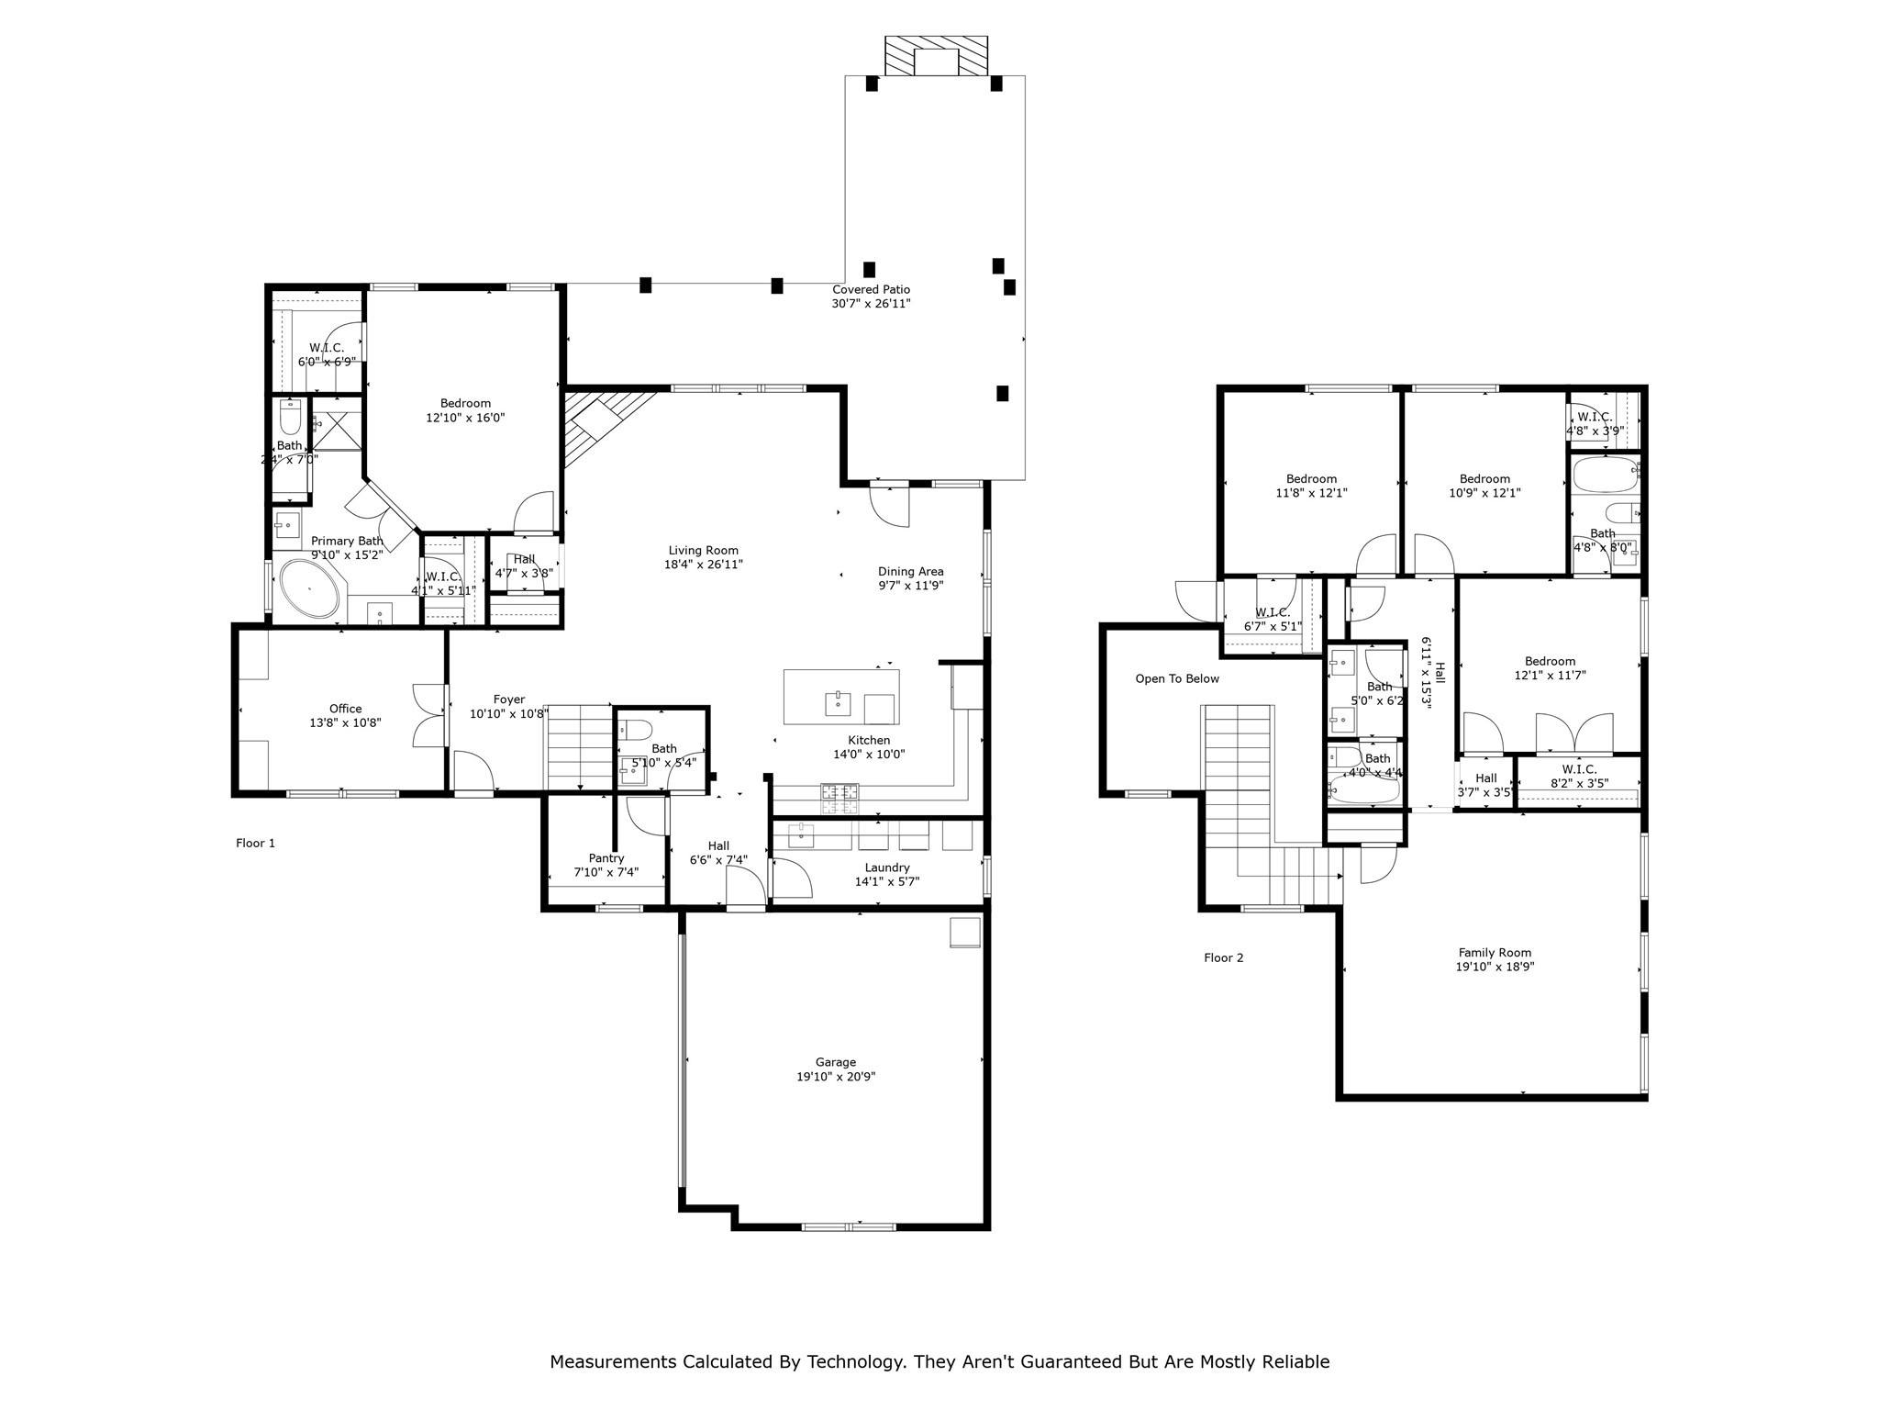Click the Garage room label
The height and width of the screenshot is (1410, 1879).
click(x=835, y=1062)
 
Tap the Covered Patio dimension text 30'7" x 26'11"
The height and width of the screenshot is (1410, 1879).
click(x=871, y=304)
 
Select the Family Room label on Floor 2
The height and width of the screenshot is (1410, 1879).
click(x=1495, y=953)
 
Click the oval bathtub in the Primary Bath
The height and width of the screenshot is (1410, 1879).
click(x=309, y=588)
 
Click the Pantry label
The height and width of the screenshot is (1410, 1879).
click(x=606, y=858)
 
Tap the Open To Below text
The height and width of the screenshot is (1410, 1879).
click(x=1177, y=678)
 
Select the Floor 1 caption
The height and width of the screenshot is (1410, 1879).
click(x=255, y=843)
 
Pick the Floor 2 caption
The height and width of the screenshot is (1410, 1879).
click(x=1223, y=957)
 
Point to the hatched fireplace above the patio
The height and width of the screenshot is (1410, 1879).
click(x=936, y=57)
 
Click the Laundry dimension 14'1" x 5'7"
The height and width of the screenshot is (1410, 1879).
click(x=886, y=882)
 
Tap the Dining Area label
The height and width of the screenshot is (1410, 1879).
click(x=910, y=571)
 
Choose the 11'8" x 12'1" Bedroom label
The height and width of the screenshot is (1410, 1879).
click(x=1311, y=478)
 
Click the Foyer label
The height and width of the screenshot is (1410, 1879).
click(x=509, y=699)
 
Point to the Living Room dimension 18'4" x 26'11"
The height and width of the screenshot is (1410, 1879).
click(x=703, y=565)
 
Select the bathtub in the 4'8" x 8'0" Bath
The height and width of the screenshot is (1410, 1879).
click(x=1605, y=476)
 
